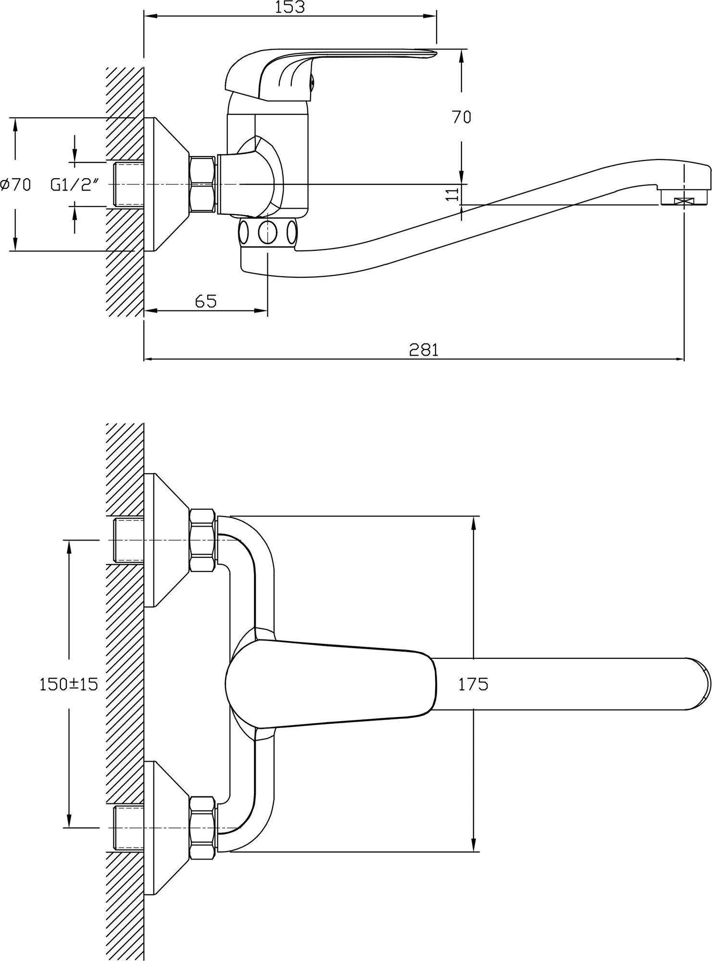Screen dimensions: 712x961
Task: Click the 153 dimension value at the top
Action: pos(290,7)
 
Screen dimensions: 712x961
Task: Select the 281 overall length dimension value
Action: pos(424,350)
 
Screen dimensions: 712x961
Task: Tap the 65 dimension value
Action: pos(206,301)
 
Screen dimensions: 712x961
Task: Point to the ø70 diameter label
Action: pos(16,184)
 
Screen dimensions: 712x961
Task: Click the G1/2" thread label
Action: pos(75,184)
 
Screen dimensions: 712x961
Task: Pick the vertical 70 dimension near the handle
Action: pos(462,117)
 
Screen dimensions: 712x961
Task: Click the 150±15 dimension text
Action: pos(68,684)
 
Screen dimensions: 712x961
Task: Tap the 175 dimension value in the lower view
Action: pos(473,684)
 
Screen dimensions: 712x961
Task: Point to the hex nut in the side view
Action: pos(202,184)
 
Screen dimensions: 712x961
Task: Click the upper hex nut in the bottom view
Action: pos(202,540)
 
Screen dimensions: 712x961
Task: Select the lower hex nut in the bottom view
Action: pos(202,828)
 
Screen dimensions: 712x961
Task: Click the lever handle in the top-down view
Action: pos(331,684)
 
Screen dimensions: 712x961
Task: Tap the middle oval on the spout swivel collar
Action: pos(267,233)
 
